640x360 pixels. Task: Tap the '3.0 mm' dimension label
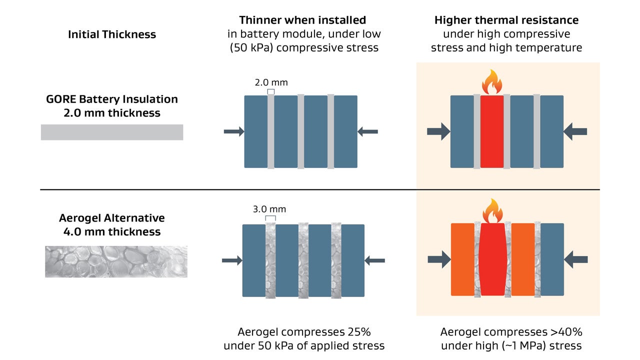point(270,209)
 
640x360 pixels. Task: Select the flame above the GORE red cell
point(492,82)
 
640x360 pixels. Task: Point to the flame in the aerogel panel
point(492,210)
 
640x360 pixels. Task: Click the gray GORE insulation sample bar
point(112,132)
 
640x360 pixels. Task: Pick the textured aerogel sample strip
point(116,261)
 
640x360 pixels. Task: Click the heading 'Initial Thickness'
point(112,34)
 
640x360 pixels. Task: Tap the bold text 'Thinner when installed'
point(302,20)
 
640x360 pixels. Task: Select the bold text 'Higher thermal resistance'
point(506,20)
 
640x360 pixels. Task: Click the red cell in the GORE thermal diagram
point(492,131)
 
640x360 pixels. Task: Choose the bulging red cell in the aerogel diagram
point(492,259)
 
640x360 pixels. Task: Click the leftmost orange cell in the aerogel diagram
point(462,259)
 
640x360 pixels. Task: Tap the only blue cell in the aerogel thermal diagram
point(552,259)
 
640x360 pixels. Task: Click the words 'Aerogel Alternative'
point(112,218)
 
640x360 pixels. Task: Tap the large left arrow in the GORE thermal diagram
point(438,131)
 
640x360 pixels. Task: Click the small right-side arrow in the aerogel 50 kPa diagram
point(375,260)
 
